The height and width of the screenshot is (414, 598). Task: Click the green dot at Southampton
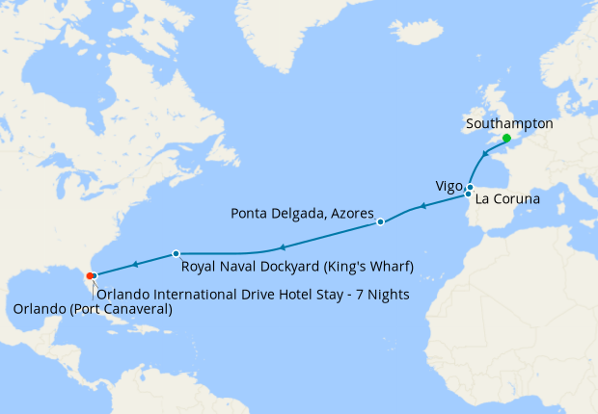506,138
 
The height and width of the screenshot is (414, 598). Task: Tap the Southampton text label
508,123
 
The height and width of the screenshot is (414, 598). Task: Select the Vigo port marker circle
470,187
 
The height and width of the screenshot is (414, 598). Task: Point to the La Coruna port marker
469,194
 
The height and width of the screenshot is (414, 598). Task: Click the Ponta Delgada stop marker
380,222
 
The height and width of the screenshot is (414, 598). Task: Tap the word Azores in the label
352,211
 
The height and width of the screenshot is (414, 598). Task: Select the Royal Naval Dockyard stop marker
176,253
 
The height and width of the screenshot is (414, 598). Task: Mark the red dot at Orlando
89,276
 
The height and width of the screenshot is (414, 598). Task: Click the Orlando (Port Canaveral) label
93,309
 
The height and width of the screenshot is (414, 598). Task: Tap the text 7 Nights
384,293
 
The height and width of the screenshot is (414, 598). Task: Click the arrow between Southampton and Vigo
486,155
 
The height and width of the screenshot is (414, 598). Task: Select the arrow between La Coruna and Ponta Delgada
421,206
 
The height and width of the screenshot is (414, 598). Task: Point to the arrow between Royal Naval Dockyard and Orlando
135,264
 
